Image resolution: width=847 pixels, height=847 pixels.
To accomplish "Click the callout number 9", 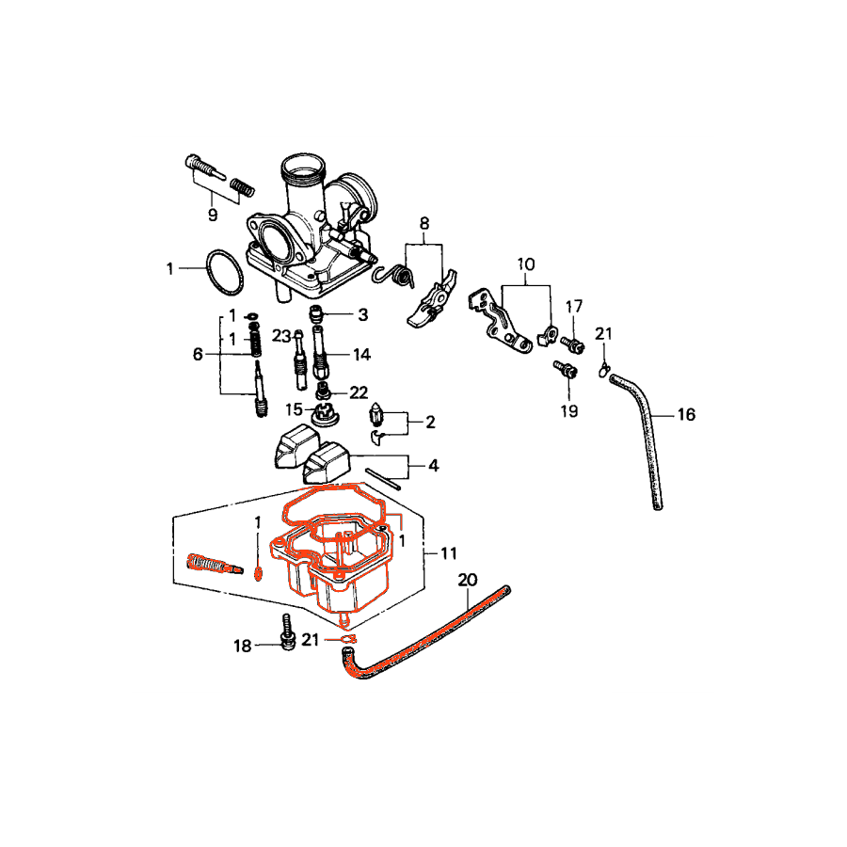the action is [213, 215].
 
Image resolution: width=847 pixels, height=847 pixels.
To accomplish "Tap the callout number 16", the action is [686, 414].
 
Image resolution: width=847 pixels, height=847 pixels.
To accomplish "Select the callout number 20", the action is [468, 580].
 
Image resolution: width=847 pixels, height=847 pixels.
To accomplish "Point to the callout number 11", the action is [448, 553].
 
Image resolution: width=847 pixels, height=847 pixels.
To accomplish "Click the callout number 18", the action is [243, 646].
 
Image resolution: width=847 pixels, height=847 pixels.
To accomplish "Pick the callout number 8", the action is [424, 223].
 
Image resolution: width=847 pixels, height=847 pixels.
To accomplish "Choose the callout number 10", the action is [525, 264].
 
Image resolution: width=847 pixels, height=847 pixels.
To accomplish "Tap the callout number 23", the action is [280, 336].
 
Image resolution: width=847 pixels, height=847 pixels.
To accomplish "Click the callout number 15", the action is [294, 409].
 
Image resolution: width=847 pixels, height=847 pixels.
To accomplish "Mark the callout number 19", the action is [569, 411].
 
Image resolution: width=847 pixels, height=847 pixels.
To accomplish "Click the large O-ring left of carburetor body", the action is [224, 272].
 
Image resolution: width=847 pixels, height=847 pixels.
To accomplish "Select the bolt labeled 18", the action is [288, 631].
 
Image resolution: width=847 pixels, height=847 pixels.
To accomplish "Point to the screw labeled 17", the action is [572, 344].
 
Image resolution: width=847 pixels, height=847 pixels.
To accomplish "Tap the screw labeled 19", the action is [566, 369].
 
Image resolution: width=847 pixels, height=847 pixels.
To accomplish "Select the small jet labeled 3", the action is [315, 312].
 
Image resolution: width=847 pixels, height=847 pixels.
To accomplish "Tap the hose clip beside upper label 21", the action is [604, 370].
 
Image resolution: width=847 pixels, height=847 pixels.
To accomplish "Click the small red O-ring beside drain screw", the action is [258, 574].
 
